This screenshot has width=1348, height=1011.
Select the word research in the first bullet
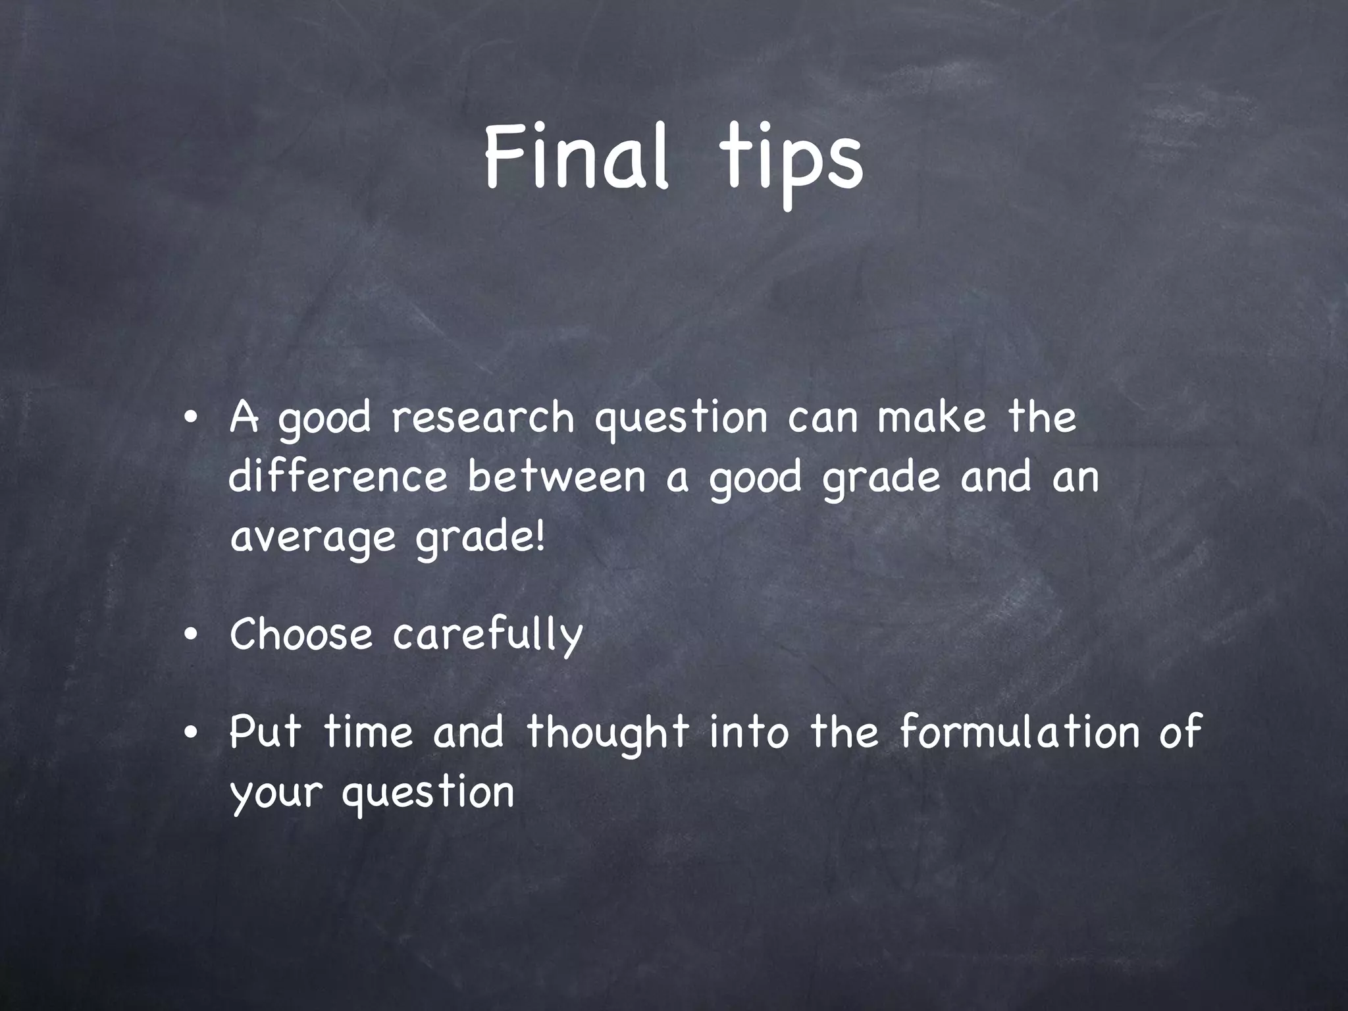click(483, 418)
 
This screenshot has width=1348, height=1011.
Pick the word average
click(313, 538)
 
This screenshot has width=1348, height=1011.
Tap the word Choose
click(301, 635)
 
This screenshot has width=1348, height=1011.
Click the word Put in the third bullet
click(265, 731)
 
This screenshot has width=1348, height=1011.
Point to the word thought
click(608, 733)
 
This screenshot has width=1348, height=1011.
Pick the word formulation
click(1019, 731)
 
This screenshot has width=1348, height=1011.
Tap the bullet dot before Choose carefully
click(190, 636)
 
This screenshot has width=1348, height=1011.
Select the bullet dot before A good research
click(190, 419)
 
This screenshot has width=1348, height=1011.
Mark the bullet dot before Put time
click(190, 733)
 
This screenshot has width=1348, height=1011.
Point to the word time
click(369, 731)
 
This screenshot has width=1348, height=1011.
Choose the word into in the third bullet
click(748, 731)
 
